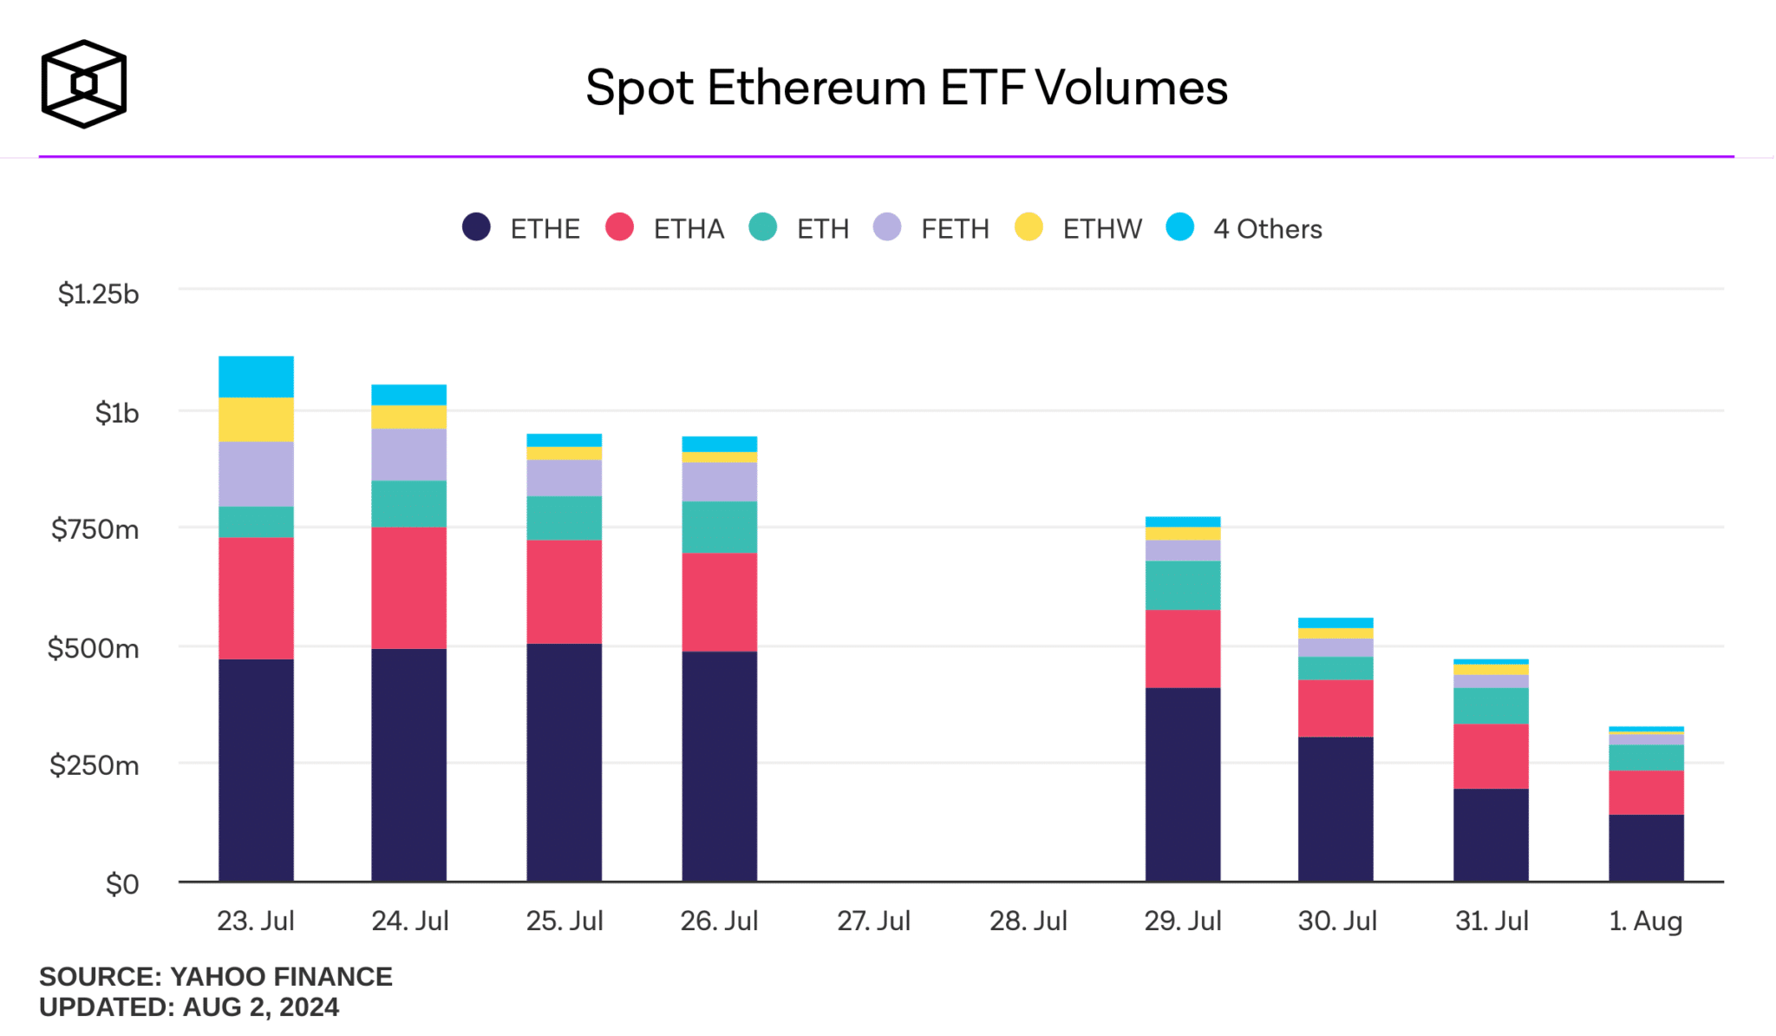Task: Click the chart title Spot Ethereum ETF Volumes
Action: pos(906,88)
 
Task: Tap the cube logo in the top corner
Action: pos(84,84)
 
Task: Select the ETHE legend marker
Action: pos(476,227)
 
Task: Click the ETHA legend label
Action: pos(689,229)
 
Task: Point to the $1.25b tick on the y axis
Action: pos(98,294)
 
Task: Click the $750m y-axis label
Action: pos(95,529)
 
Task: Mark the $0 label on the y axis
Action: pos(121,884)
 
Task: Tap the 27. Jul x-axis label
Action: pos(873,921)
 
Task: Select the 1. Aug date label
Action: pos(1645,921)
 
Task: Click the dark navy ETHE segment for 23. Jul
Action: pos(256,770)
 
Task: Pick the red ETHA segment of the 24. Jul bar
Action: pos(408,587)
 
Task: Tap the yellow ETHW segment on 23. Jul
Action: pos(256,419)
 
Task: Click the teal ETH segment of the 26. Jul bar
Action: pos(719,527)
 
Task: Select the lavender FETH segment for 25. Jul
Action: pos(564,477)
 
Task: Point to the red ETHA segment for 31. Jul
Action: pos(1491,756)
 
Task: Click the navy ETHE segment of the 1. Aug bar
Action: pos(1645,848)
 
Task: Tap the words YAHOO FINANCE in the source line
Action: pos(281,977)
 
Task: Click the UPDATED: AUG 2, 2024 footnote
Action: pos(189,1007)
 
